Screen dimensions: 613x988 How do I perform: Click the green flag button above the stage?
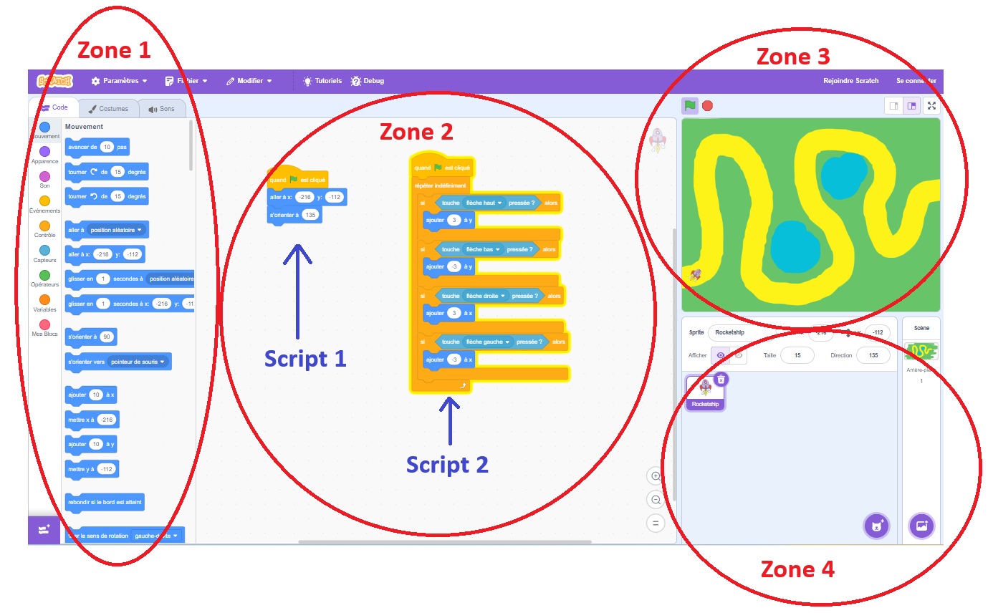point(689,106)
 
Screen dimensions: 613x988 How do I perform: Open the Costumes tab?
point(108,109)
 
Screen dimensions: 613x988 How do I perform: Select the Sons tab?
point(161,109)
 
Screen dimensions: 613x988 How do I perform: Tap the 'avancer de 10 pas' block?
point(97,147)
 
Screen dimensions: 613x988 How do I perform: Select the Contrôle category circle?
point(44,226)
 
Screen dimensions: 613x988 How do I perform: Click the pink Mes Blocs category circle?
point(44,324)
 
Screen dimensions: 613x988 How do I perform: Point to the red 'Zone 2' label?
point(416,132)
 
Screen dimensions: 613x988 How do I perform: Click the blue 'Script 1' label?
point(305,358)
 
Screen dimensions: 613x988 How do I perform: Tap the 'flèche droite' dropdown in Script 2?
point(485,296)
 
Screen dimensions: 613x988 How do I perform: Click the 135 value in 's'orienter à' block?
point(310,215)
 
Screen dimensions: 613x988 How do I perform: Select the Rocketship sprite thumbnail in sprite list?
point(705,392)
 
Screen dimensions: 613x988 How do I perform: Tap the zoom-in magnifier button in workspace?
point(655,476)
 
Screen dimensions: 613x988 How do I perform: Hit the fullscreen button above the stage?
point(931,106)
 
